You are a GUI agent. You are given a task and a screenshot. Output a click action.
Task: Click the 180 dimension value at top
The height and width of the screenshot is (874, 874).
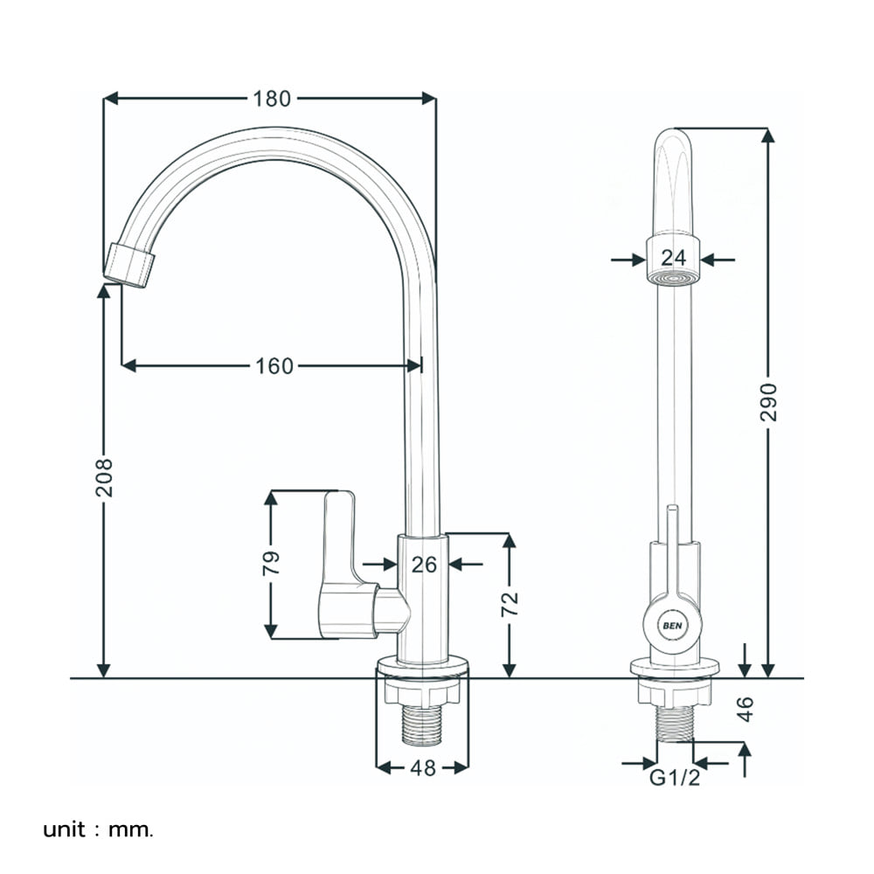tap(272, 99)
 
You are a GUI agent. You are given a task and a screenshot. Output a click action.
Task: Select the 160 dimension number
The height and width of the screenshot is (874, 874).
tap(274, 366)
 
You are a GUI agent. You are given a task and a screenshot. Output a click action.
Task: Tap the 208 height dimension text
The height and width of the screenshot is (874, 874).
tap(104, 478)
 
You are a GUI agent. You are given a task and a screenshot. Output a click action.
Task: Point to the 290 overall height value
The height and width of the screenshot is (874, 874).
tap(768, 402)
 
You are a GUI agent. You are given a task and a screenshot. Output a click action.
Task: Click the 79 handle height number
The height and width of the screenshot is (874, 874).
tap(272, 564)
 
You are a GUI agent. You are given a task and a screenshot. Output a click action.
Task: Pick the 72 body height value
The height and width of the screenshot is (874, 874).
tap(510, 604)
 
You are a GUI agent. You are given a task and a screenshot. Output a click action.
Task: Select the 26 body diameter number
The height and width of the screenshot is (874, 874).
tap(424, 565)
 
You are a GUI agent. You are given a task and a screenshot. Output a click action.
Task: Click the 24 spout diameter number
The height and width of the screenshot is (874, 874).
tap(673, 258)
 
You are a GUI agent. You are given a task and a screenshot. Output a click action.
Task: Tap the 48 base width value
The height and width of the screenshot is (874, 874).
tap(423, 768)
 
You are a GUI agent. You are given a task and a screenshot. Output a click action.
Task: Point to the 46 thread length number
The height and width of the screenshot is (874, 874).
tap(746, 709)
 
